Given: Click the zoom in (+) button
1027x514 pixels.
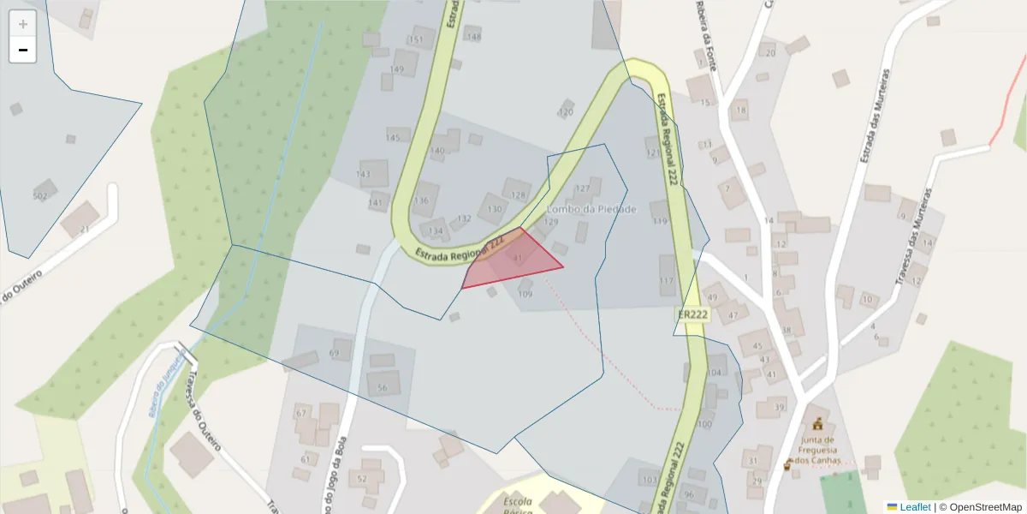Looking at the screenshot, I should coord(23,24).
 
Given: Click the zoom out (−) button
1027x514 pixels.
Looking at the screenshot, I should coord(23,50).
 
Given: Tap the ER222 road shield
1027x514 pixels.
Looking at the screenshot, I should coord(692,314).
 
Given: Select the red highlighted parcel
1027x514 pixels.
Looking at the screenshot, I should coord(512,260).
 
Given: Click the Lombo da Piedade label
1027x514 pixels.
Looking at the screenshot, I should coord(591,209).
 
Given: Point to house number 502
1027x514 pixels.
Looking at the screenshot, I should coord(39,196).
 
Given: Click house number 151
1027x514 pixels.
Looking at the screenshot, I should coord(417,40).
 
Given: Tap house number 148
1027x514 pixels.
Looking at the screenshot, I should coord(473,37).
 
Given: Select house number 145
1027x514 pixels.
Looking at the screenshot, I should coord(393,138).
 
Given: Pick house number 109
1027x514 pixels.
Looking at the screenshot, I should coord(525,294).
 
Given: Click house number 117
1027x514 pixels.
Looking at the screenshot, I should coord(667,281).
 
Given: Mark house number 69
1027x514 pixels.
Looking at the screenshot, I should coord(335,353).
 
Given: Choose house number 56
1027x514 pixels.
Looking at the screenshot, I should coord(383,388).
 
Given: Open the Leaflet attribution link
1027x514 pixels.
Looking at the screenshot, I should coord(914,507).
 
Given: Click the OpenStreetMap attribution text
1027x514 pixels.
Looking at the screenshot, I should coord(980,507).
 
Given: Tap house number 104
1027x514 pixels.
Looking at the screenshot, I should coord(715,372).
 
